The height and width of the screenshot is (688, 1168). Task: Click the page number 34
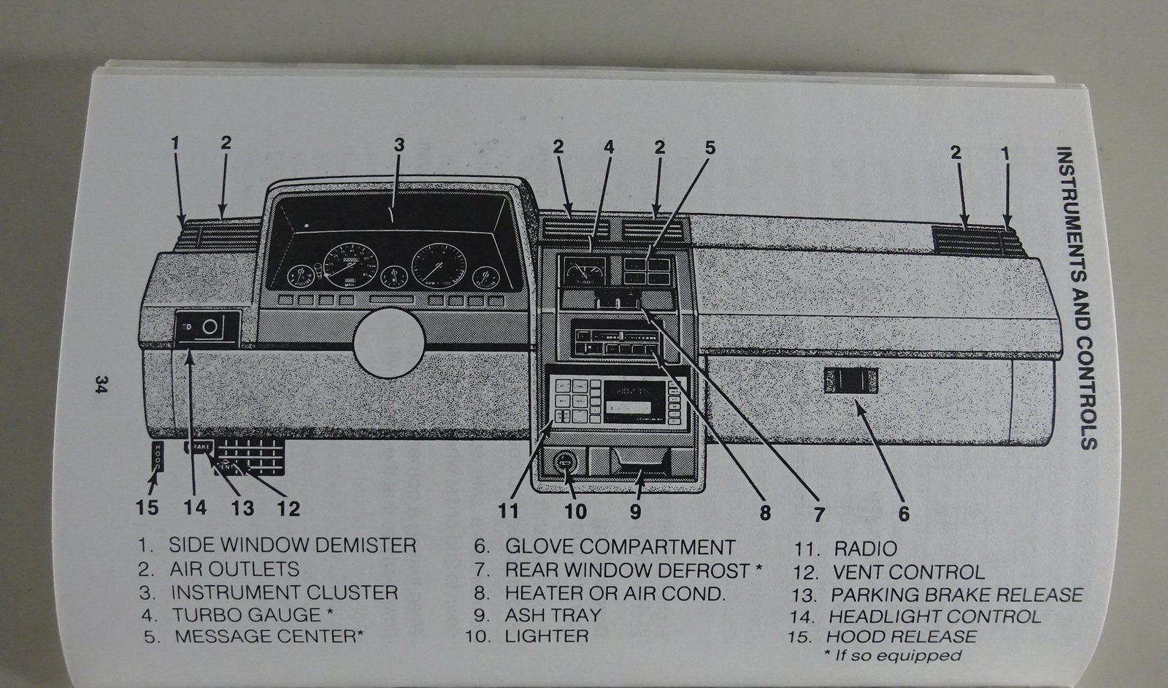[100, 384]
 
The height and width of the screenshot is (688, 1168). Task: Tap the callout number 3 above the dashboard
[399, 144]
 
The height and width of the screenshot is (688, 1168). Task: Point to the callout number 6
[904, 514]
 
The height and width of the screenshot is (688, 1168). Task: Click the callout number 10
[575, 511]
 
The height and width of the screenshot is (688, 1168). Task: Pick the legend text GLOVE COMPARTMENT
[620, 547]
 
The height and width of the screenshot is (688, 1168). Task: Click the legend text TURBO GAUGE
[246, 615]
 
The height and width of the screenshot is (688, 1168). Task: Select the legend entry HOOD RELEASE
[901, 637]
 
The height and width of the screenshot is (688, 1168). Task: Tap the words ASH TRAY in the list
[553, 615]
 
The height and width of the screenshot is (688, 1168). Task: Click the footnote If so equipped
[893, 655]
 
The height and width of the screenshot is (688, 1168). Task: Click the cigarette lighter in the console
[565, 461]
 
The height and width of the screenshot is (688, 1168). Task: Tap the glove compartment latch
[851, 381]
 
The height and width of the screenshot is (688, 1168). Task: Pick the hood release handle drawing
[158, 457]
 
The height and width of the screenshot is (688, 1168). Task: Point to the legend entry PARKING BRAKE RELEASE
[956, 595]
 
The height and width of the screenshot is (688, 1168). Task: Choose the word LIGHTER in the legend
[546, 636]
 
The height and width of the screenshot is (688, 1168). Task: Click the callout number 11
[508, 510]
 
